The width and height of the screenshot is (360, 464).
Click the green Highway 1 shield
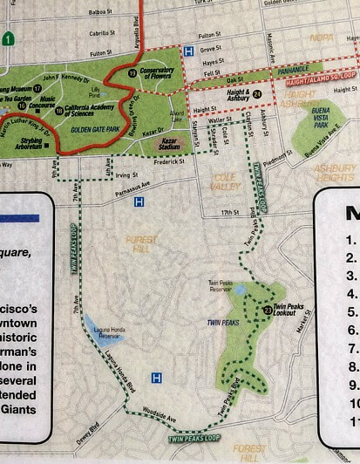pos(7,39)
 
